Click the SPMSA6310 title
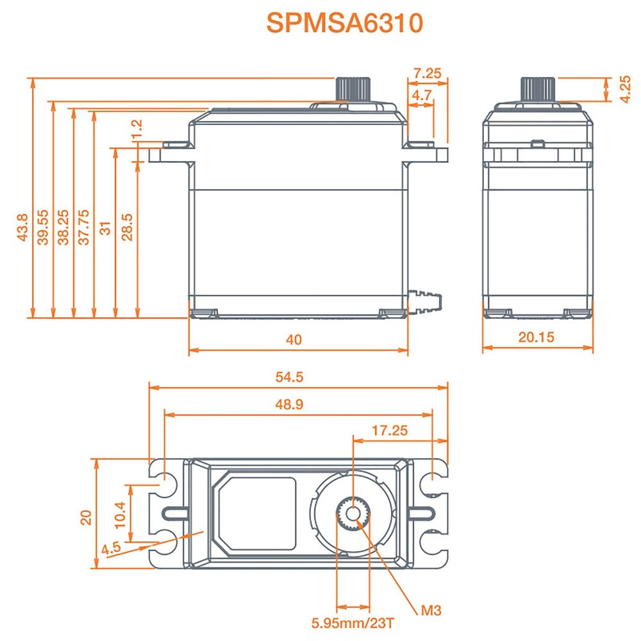(x=345, y=23)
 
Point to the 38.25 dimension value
(x=64, y=227)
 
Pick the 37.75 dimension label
(x=84, y=227)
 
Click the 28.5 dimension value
(x=126, y=227)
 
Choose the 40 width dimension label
(x=294, y=340)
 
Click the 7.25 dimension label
(x=427, y=73)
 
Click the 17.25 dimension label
(x=390, y=431)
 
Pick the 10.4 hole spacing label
(x=121, y=514)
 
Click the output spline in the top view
(x=353, y=513)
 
